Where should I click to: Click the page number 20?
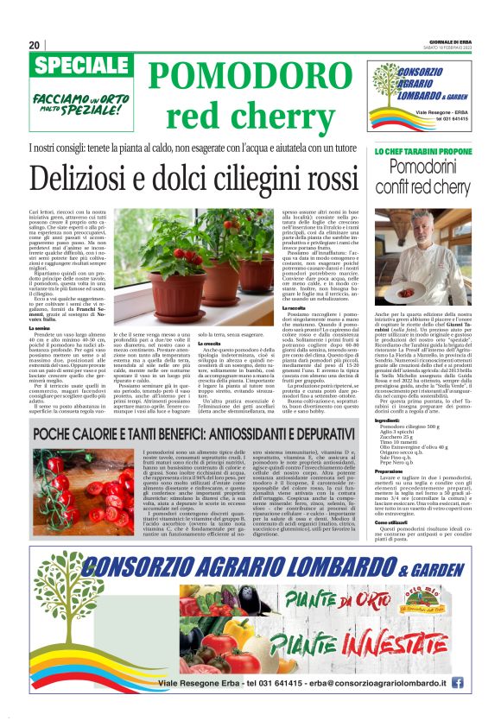tap(34, 45)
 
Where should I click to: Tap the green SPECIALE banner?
tap(73, 66)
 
